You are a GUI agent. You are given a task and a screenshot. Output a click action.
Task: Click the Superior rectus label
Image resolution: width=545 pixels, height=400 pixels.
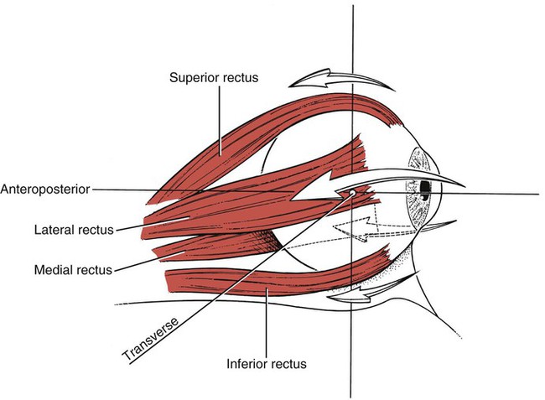[213, 78]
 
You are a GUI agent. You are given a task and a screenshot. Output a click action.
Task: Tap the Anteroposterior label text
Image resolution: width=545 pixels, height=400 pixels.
[45, 189]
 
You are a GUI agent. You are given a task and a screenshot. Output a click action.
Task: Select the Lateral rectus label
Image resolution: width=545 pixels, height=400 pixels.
[74, 228]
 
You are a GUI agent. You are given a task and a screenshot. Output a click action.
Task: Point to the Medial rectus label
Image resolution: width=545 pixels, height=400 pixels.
[74, 269]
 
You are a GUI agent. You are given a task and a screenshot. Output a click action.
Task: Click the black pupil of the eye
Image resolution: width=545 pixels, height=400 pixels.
[425, 184]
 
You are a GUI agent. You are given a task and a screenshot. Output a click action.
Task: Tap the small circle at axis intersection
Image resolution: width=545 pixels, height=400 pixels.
[353, 194]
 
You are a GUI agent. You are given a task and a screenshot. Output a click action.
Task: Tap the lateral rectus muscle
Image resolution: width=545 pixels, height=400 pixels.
[243, 201]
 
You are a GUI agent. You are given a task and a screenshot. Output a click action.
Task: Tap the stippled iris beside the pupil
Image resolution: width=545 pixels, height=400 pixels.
[416, 201]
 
